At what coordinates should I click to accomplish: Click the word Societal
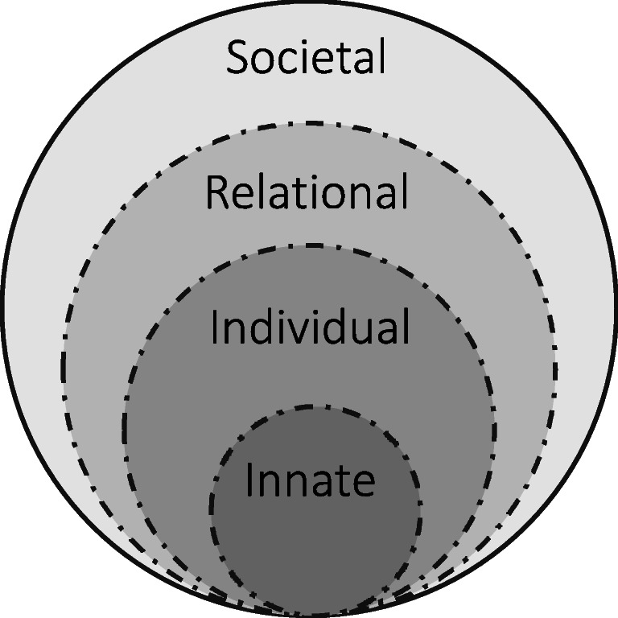(x=307, y=58)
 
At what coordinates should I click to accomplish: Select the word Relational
(x=307, y=193)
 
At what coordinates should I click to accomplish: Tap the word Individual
(x=310, y=328)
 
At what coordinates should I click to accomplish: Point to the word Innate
(x=310, y=480)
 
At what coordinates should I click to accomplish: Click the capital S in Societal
(x=238, y=58)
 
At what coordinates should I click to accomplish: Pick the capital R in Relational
(x=216, y=193)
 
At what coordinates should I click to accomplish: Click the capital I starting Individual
(x=216, y=328)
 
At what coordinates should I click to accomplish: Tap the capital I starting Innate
(x=250, y=480)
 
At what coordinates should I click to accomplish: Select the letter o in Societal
(x=266, y=62)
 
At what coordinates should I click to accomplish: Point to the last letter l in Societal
(x=381, y=58)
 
